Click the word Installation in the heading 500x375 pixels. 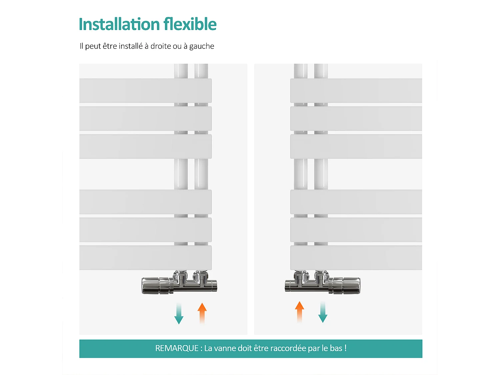[x=119, y=24]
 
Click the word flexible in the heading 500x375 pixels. [x=190, y=24]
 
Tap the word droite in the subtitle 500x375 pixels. [x=161, y=46]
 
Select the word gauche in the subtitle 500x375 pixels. [x=202, y=46]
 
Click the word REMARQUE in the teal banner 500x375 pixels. [x=177, y=348]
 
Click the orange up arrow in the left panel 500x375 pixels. [x=202, y=313]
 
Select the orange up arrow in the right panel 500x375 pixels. [x=300, y=312]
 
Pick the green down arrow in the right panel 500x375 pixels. [x=323, y=312]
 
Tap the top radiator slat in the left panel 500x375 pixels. [x=145, y=91]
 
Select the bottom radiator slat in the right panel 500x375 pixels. [x=356, y=258]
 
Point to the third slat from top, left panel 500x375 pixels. [x=145, y=146]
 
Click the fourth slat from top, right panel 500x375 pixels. [x=356, y=202]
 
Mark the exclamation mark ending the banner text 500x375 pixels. [x=346, y=348]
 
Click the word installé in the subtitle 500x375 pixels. [x=131, y=46]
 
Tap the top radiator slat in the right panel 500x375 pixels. [x=356, y=91]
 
